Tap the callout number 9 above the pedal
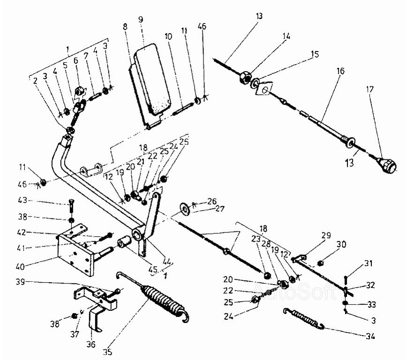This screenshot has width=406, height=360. (141, 20)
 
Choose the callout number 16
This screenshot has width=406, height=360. (340, 71)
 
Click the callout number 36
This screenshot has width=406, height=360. (90, 345)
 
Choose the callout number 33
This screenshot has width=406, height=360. (372, 304)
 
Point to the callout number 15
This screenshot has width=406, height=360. (314, 54)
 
